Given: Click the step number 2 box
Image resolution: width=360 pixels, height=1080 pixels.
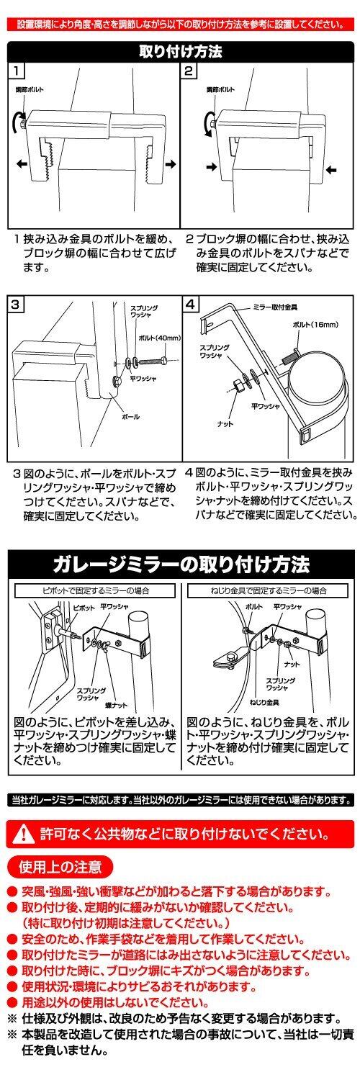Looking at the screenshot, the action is click(x=189, y=71).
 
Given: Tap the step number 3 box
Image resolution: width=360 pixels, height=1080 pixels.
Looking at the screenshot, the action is click(x=15, y=305).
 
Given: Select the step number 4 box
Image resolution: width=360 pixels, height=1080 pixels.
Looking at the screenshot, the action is click(x=191, y=305).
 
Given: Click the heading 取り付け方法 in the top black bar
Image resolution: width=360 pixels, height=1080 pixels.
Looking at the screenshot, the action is click(x=180, y=51).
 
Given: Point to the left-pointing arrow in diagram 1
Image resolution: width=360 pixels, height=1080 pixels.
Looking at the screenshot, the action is click(x=21, y=164).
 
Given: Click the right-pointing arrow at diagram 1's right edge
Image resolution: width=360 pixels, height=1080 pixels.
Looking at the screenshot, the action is click(x=171, y=164).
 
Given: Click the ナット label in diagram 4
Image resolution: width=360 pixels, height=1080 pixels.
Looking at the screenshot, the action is click(x=225, y=424).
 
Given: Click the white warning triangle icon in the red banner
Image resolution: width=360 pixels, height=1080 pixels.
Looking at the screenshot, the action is click(x=24, y=834).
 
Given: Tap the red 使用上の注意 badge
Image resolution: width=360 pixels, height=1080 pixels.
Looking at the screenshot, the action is click(x=60, y=867).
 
